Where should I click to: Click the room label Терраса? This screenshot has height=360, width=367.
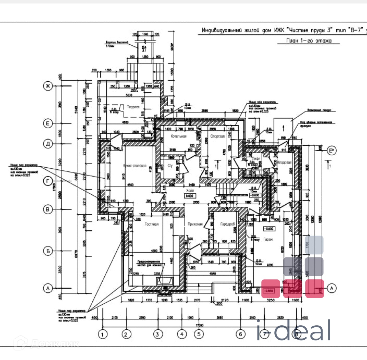(133, 107)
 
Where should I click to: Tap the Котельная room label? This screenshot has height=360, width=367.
(178, 136)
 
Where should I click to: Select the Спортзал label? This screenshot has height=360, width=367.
(217, 136)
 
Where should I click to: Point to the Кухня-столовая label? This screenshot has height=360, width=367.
(135, 166)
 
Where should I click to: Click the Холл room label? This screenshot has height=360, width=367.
(190, 190)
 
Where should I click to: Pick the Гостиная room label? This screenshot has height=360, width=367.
(151, 224)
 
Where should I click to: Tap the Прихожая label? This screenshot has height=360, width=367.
(195, 224)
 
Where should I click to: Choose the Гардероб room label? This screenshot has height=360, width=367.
(227, 224)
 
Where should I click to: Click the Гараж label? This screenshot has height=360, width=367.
(268, 239)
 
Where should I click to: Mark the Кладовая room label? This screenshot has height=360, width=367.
(284, 163)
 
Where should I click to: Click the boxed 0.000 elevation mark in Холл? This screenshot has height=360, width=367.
(190, 196)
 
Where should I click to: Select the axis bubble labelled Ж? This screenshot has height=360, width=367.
(48, 86)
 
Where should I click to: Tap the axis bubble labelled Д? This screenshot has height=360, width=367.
(48, 144)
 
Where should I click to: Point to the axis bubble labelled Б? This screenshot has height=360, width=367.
(48, 251)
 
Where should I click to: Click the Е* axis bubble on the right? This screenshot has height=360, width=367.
(332, 151)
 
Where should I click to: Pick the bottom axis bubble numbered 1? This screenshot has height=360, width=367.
(103, 334)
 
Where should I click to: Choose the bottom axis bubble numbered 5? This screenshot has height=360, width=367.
(199, 334)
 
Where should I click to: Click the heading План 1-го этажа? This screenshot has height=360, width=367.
(309, 41)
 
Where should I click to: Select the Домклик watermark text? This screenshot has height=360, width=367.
(47, 343)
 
